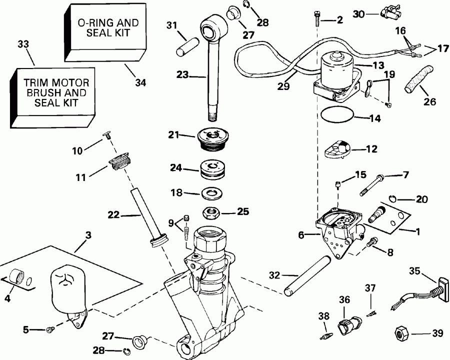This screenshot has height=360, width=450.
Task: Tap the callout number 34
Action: coord(140,82)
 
